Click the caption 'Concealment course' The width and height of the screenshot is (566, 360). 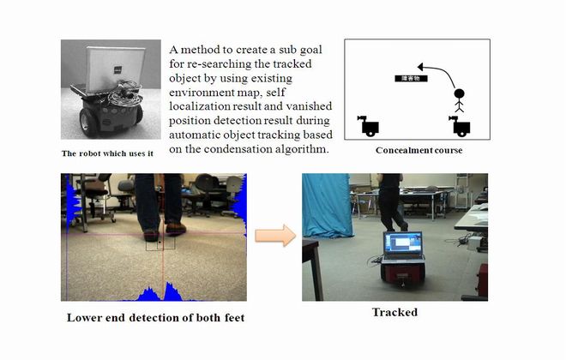click(420, 151)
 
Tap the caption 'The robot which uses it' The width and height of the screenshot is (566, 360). click(106, 154)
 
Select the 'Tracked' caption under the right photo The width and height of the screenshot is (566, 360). click(394, 313)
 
